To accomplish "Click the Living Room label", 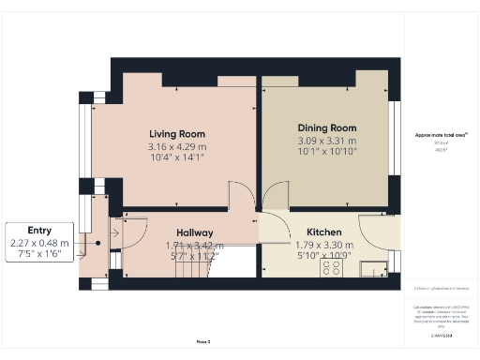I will coord(176,134).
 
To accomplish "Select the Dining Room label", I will coord(327,127).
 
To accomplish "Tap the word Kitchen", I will coord(324,232).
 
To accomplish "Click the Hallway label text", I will coord(195,232).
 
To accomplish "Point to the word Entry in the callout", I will coord(39,230).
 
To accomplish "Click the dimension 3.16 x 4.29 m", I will coord(176,147).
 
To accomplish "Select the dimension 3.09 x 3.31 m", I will coord(327,141).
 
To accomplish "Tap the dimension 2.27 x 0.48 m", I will coord(39,242).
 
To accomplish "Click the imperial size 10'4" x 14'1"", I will coord(176,159).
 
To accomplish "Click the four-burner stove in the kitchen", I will coord(332,268).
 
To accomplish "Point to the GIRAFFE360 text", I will coord(442,336).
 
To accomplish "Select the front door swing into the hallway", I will coord(131,232).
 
